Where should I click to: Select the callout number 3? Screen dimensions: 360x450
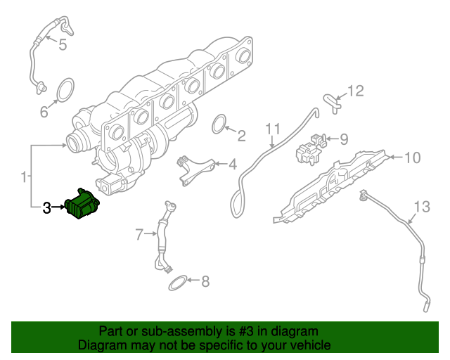[x=47, y=207]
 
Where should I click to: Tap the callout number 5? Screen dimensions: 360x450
[x=62, y=46]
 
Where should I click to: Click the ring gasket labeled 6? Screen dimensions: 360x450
[x=65, y=91]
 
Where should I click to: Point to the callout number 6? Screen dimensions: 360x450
[x=44, y=111]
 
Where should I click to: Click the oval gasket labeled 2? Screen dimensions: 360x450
[x=219, y=124]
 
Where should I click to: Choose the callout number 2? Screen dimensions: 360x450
[x=240, y=136]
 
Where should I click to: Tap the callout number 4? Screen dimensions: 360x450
[x=232, y=165]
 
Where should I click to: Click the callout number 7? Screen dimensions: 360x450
[x=139, y=233]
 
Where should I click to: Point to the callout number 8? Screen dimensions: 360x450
[x=205, y=283]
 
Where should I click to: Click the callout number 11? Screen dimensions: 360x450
[x=273, y=129]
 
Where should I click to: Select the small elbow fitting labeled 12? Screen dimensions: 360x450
[x=330, y=102]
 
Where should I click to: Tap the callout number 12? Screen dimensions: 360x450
[x=356, y=91]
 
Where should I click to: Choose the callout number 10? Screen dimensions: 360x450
[x=412, y=157]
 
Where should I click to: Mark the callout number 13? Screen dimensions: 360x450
[x=420, y=207]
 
